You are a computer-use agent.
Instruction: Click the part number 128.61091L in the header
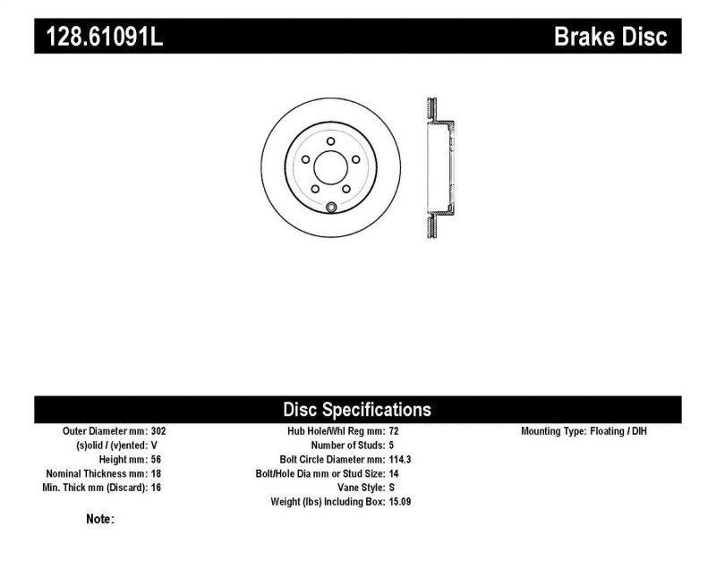tap(98, 38)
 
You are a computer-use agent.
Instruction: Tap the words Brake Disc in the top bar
tap(610, 38)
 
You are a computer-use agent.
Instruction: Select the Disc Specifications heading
tap(357, 410)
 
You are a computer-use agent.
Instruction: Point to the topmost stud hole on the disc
tap(330, 141)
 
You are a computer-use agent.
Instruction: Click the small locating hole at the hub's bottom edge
tap(330, 209)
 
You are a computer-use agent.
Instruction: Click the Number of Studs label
tap(347, 446)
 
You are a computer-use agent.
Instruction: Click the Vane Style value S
tap(392, 488)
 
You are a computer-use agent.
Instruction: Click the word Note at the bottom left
tap(99, 519)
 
